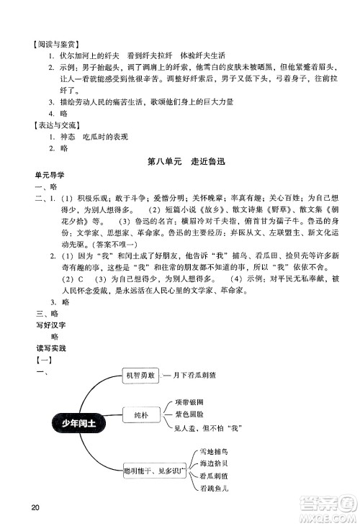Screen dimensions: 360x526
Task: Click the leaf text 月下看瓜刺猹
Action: click(194, 375)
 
